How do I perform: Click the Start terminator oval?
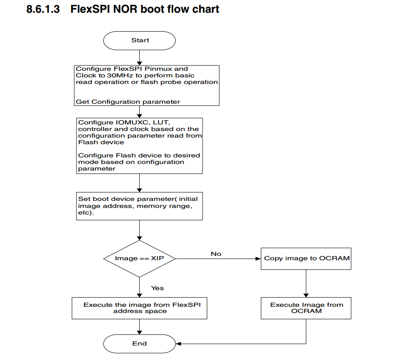140,40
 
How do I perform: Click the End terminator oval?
140,344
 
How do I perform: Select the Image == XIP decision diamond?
139,258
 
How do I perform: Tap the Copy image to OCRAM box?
306,258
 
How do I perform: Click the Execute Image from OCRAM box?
306,308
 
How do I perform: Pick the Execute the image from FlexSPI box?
139,308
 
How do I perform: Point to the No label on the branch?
216,254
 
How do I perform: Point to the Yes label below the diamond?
157,288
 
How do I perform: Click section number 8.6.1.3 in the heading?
43,9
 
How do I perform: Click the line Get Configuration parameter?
128,102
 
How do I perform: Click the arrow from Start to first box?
140,57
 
